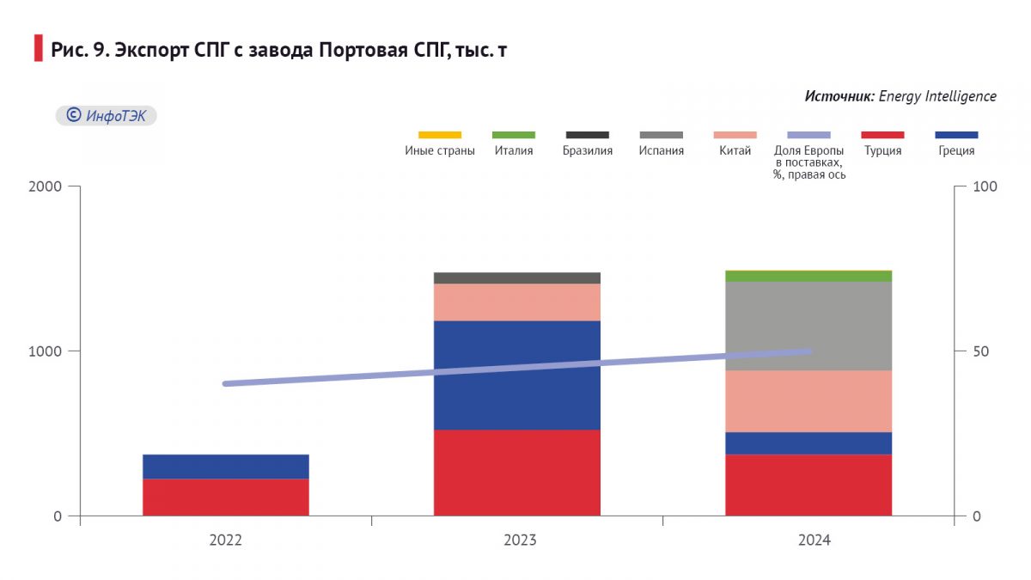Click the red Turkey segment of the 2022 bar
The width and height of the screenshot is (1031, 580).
225,497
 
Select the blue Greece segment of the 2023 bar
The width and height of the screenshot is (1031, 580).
516,375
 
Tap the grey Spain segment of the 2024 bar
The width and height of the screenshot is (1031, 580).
808,326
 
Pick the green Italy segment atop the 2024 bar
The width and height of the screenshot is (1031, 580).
808,276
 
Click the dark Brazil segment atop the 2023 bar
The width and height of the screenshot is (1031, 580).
516,278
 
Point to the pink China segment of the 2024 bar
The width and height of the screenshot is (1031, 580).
808,400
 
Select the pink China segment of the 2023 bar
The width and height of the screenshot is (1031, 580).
516,302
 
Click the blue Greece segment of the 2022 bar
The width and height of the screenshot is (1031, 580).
225,466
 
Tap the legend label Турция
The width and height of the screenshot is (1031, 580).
882,151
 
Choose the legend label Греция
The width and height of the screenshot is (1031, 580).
956,151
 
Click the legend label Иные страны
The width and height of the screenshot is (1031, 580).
439,151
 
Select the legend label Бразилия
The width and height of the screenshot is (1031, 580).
588,151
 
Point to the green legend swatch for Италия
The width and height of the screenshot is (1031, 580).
514,135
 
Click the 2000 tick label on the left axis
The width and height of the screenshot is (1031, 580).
46,186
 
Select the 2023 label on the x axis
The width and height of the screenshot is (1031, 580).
520,540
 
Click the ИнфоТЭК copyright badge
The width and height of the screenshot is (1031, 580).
107,116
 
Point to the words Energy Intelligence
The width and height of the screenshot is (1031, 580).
937,96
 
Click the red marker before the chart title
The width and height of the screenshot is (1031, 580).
38,49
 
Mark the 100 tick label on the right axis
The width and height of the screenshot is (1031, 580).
982,186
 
